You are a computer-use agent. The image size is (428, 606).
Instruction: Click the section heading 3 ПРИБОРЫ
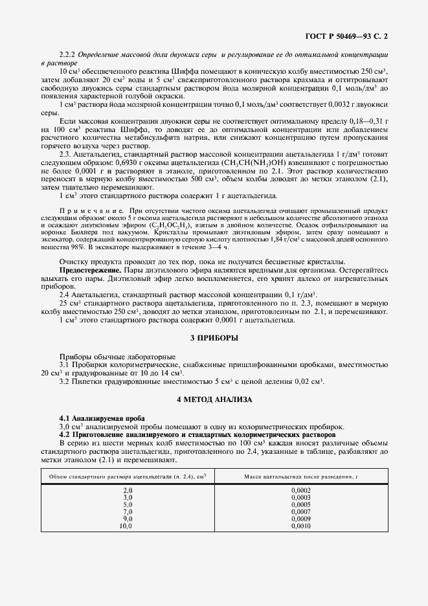tap(214, 338)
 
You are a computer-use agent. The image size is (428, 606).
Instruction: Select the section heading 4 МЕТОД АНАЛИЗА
tap(214, 399)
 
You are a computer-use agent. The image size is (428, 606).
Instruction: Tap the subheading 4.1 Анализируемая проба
tap(102, 419)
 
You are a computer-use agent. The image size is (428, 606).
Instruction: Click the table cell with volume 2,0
tap(128, 491)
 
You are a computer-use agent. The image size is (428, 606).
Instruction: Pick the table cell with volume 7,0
tap(128, 511)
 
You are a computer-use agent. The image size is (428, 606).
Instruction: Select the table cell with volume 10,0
tap(126, 526)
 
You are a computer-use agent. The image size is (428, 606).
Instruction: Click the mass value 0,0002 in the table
tap(301, 491)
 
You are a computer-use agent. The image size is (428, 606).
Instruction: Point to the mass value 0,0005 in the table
tap(301, 504)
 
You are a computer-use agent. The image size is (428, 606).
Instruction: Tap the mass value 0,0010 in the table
tap(301, 526)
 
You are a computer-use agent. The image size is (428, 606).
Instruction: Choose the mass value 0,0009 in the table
tap(301, 519)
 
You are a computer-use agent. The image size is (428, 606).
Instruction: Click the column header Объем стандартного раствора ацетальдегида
tap(123, 476)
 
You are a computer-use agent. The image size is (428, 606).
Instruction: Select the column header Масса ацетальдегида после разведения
tap(301, 476)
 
